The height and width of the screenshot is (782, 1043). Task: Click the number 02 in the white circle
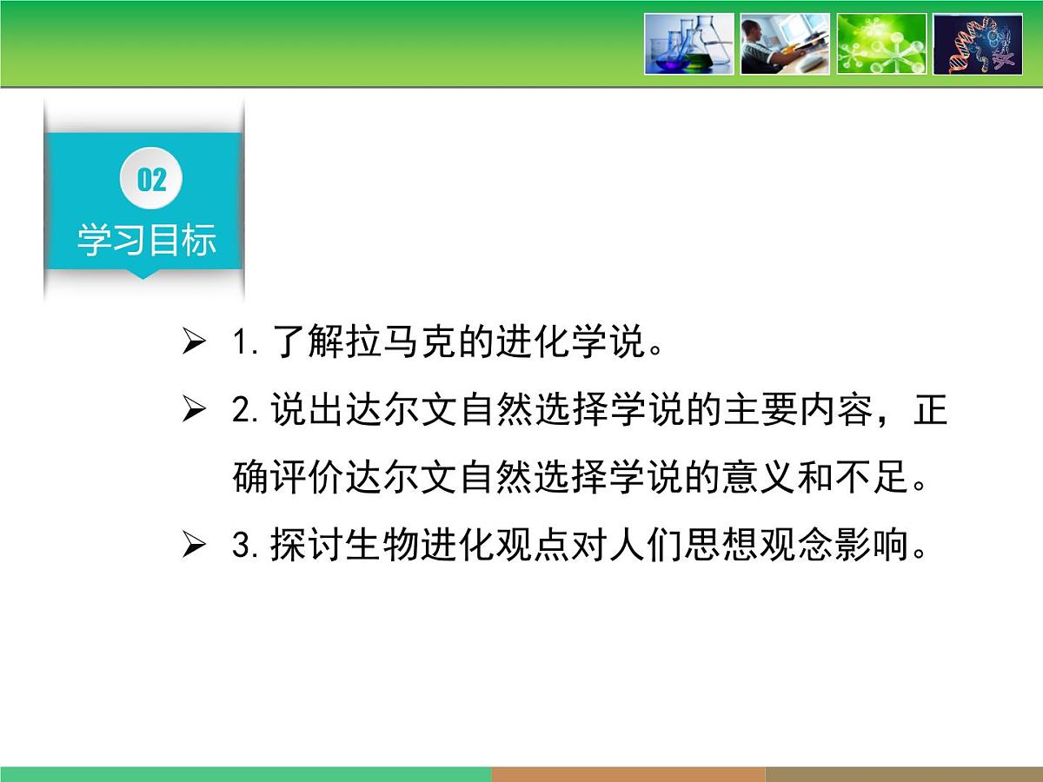[151, 180]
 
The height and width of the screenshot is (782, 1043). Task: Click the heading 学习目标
[146, 241]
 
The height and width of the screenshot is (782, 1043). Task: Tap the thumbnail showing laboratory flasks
[688, 43]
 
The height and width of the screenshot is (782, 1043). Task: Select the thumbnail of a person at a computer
[785, 43]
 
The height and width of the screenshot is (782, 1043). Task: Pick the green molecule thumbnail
[881, 43]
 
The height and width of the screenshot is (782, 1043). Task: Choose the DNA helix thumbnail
[978, 43]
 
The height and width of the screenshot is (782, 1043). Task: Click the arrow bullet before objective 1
[194, 343]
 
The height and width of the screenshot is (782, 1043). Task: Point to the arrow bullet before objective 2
[194, 410]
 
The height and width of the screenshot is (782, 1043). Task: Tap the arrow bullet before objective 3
[194, 547]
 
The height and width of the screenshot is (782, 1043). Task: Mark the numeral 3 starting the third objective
[241, 547]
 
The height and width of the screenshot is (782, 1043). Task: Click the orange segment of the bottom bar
[628, 774]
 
